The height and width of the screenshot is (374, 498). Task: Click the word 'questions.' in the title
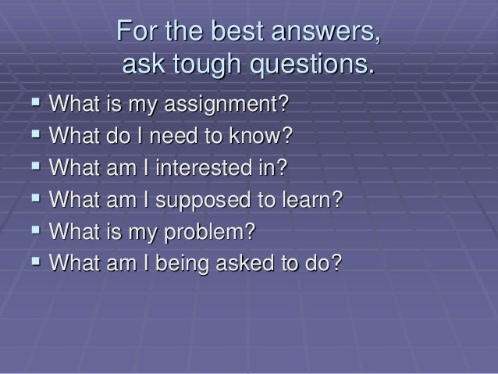click(x=312, y=66)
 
